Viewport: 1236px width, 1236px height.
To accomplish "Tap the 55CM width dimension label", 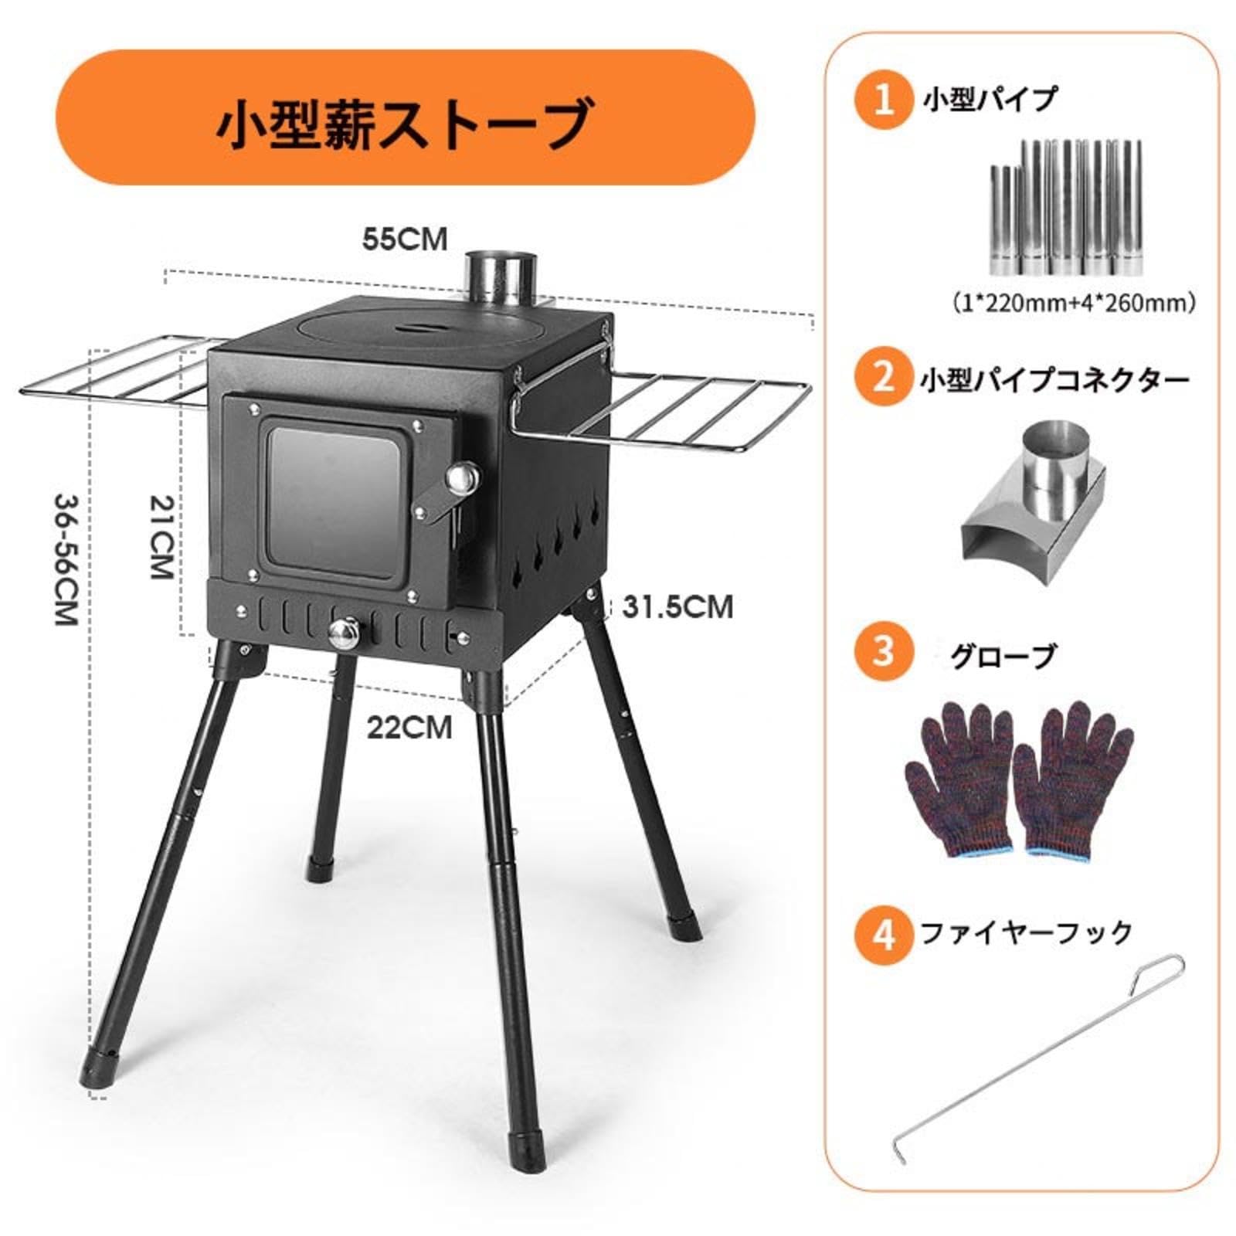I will (405, 239).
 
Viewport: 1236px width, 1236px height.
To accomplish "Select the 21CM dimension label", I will (161, 536).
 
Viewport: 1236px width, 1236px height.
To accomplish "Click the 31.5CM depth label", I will (677, 607).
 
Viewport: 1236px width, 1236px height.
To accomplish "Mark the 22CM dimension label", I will (409, 727).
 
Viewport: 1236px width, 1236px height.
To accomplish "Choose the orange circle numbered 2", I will (884, 378).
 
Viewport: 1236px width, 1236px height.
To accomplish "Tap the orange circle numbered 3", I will (884, 653).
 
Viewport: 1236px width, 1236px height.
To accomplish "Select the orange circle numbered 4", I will (884, 934).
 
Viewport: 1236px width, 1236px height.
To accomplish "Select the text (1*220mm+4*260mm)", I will (1075, 302).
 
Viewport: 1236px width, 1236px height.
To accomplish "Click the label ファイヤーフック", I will (1027, 933).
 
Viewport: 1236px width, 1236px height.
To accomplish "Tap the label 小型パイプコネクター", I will (1054, 379).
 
